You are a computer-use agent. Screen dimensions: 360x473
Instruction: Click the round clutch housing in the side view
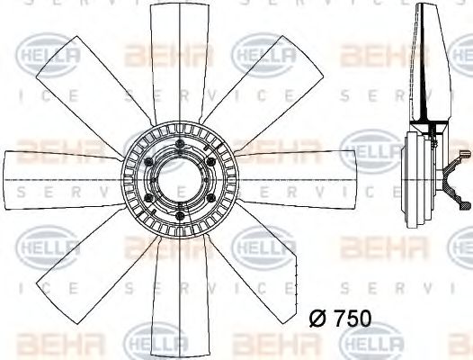click(x=419, y=171)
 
